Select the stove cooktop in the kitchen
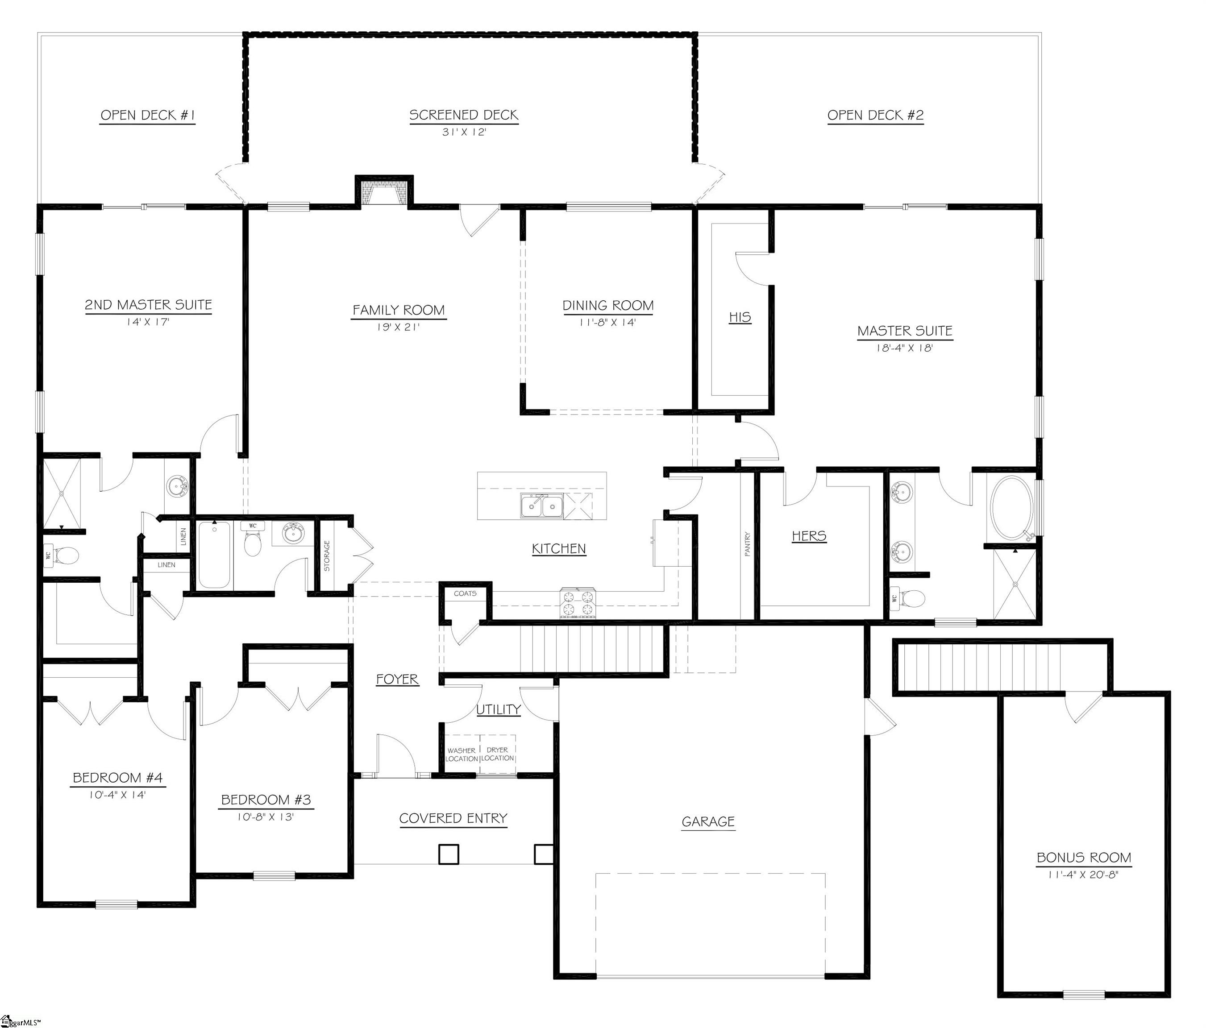578,603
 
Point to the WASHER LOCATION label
462,754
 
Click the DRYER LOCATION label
498,754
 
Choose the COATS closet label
465,593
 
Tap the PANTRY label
747,544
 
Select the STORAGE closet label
327,555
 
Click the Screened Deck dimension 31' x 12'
464,132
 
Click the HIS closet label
740,317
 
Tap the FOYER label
397,679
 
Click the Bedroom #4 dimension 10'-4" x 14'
117,795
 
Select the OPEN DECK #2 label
875,115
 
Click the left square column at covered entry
449,854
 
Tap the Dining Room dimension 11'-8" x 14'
607,322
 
